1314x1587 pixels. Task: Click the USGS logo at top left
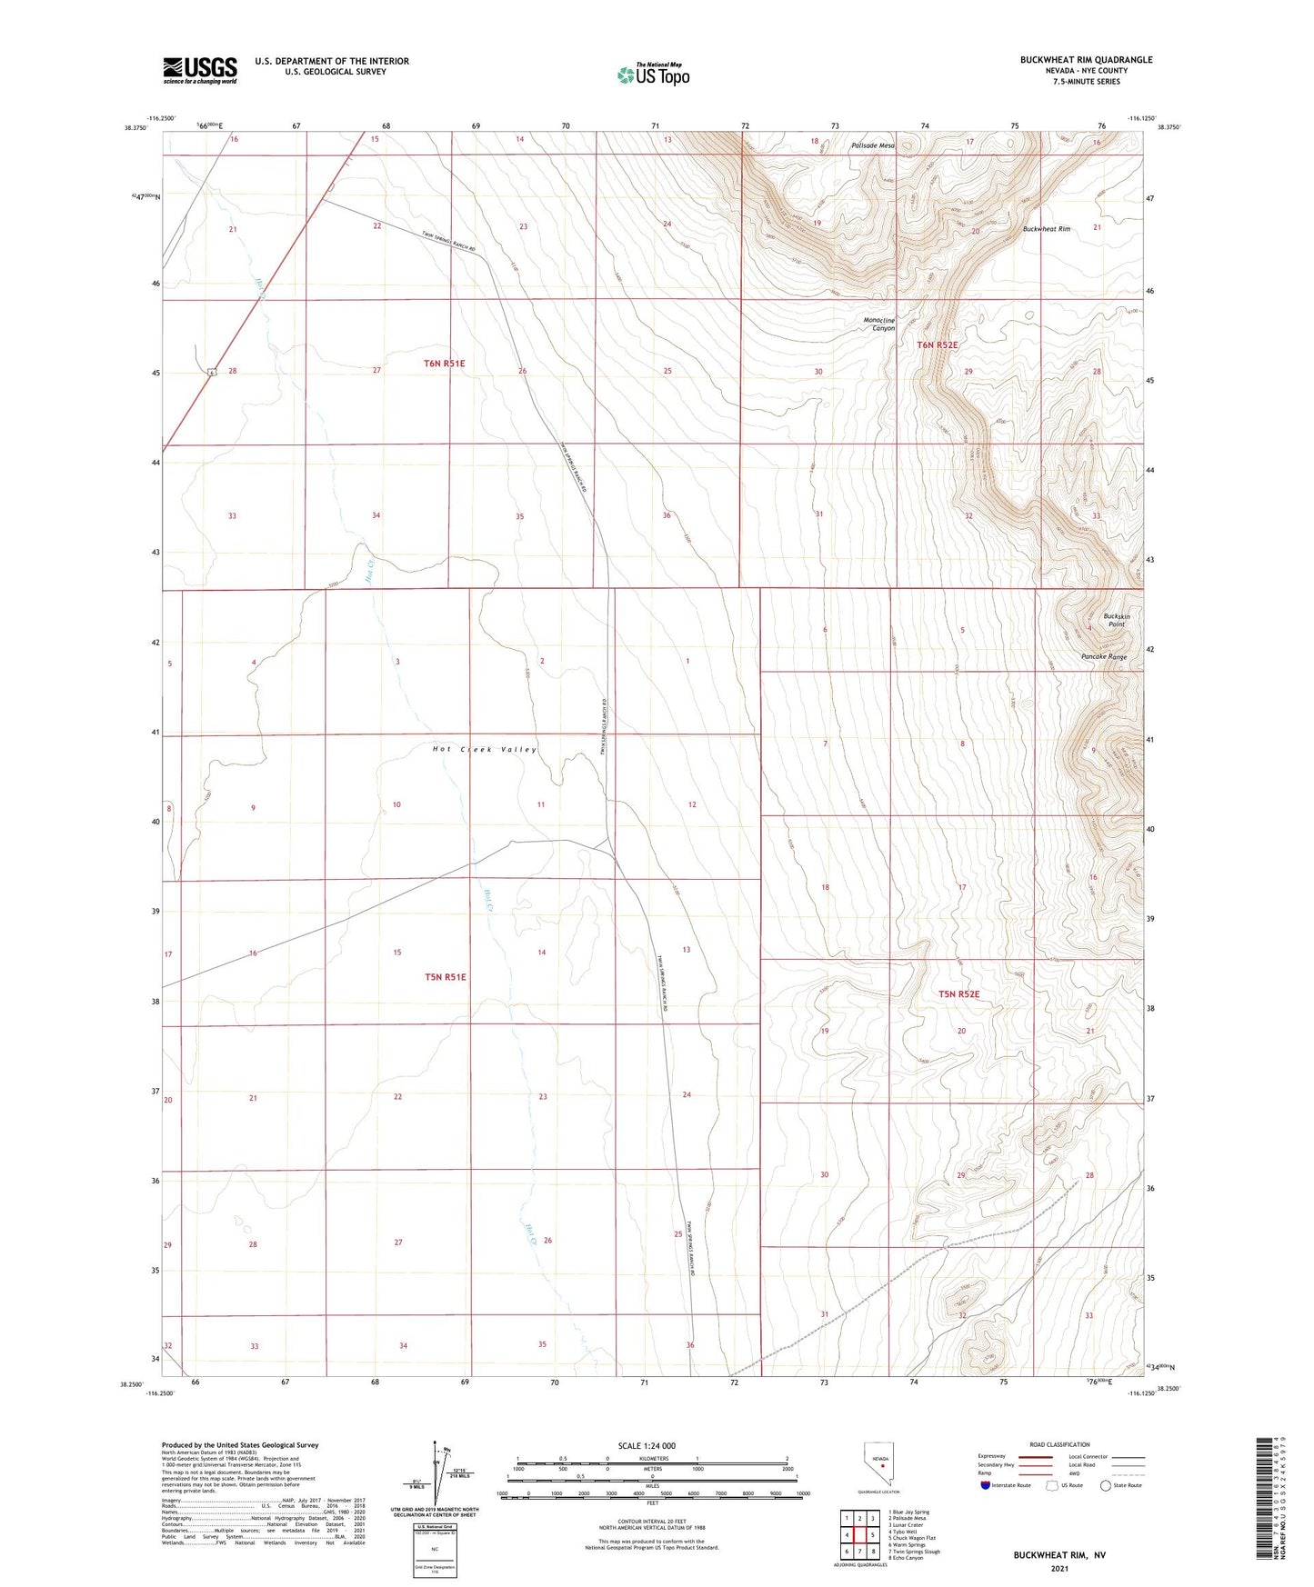pyautogui.click(x=199, y=70)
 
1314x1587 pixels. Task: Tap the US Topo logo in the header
pyautogui.click(x=653, y=75)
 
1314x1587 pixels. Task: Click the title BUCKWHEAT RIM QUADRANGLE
pyautogui.click(x=1086, y=60)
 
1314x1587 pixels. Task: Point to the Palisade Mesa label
pyautogui.click(x=873, y=145)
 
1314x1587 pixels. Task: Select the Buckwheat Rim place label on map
pyautogui.click(x=1046, y=229)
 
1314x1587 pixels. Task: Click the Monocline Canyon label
pyautogui.click(x=878, y=324)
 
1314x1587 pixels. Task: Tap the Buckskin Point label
pyautogui.click(x=1116, y=620)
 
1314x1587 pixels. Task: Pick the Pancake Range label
pyautogui.click(x=1104, y=656)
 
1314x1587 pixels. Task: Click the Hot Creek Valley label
pyautogui.click(x=485, y=749)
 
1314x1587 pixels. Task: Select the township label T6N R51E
pyautogui.click(x=445, y=364)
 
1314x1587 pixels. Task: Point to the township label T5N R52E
pyautogui.click(x=959, y=994)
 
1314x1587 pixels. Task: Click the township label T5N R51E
pyautogui.click(x=446, y=977)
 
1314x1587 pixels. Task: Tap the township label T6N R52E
pyautogui.click(x=937, y=345)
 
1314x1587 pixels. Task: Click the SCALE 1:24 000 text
pyautogui.click(x=647, y=1445)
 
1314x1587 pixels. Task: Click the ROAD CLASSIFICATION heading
pyautogui.click(x=1059, y=1444)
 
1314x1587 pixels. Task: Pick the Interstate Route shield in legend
pyautogui.click(x=987, y=1485)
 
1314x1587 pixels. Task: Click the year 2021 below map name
pyautogui.click(x=1058, y=1569)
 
